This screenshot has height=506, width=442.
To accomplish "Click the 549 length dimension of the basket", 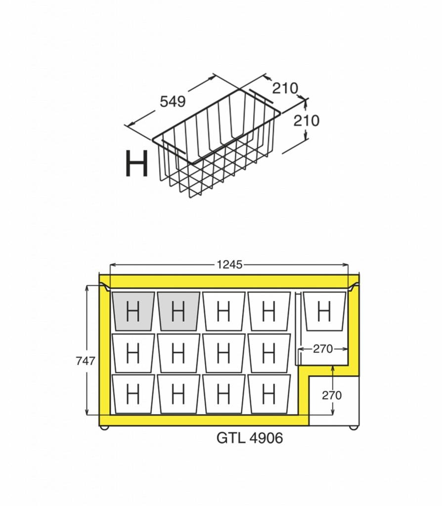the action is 173,101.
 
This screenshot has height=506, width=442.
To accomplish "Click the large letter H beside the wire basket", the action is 136,164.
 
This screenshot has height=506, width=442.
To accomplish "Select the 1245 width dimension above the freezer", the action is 229,265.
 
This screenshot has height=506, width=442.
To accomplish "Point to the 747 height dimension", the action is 85,361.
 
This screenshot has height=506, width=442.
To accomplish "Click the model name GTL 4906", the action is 250,438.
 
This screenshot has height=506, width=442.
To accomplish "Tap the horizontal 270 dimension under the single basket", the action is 322,349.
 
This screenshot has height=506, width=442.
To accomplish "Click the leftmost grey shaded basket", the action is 133,311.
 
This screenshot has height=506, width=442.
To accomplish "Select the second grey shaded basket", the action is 178,311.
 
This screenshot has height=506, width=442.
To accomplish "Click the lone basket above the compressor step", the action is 324,311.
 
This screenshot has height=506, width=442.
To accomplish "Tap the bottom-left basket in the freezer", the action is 133,394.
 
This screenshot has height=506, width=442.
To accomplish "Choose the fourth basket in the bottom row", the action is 269,394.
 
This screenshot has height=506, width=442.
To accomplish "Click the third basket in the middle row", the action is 223,353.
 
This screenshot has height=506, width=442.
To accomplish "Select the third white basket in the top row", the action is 223,311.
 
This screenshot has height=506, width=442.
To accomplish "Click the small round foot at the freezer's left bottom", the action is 104,427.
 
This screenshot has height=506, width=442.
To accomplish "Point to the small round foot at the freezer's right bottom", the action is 354,427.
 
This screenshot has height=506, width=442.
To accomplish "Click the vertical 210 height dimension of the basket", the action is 307,121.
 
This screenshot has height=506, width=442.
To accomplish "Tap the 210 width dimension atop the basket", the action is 285,88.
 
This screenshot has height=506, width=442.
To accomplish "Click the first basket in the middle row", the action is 133,353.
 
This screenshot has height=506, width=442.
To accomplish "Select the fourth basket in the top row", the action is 269,311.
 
